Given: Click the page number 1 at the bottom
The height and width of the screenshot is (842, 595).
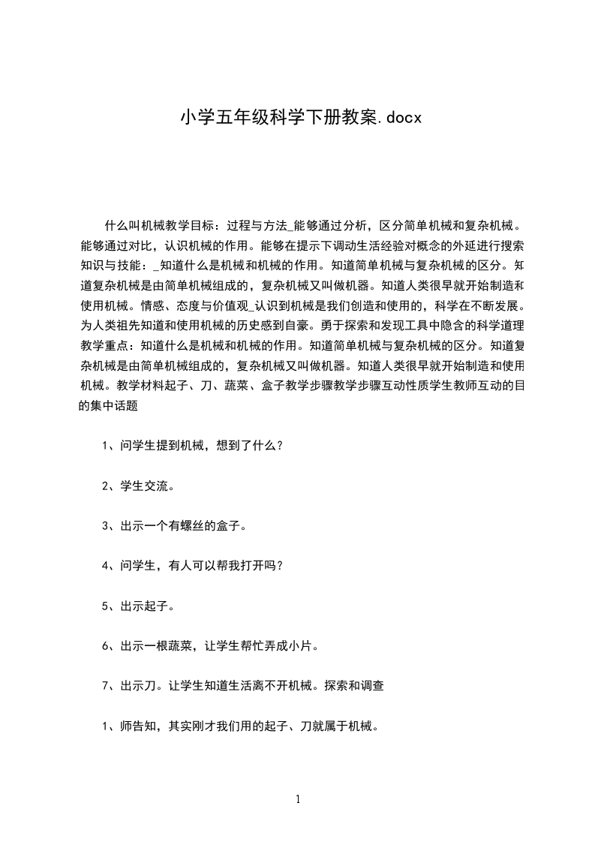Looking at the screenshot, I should [x=298, y=799].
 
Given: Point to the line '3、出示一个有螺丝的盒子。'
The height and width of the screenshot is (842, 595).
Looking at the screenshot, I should [x=175, y=525].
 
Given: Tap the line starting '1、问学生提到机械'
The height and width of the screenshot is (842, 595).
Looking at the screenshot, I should [x=193, y=445].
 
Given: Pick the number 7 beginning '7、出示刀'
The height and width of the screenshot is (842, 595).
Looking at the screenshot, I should [x=106, y=686].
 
